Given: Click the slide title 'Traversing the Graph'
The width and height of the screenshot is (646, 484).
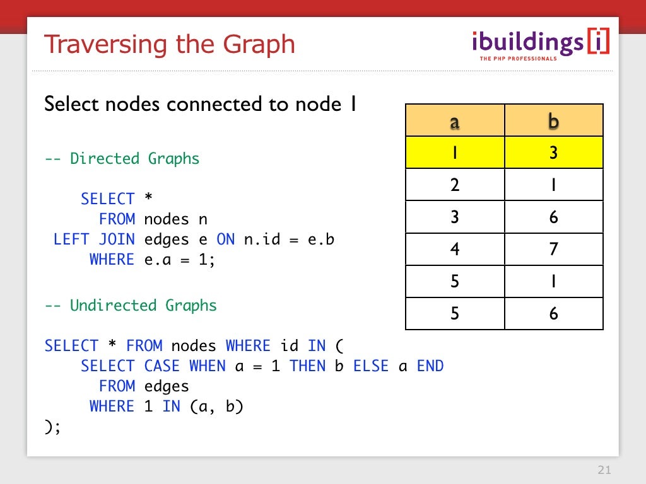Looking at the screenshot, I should (x=170, y=45).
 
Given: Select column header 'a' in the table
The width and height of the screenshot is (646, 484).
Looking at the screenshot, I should (x=455, y=121).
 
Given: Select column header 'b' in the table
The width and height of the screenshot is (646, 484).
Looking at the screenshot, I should (x=554, y=121).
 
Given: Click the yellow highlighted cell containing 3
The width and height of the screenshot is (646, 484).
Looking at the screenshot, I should (x=554, y=153).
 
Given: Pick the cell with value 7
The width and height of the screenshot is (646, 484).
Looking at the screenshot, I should (x=554, y=249).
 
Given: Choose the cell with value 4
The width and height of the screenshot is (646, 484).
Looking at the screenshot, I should (x=455, y=249).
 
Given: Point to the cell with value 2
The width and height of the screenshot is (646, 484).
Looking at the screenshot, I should (x=455, y=185).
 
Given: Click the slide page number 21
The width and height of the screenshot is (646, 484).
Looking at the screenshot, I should (x=604, y=470).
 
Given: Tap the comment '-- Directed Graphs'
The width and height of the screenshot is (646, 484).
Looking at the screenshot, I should (x=122, y=158).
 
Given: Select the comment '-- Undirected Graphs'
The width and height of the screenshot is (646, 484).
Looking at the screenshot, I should (x=131, y=306).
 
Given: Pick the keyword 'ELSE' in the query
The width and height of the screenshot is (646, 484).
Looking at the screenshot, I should (x=370, y=366).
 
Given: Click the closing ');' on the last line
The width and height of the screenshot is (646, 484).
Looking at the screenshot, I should (x=53, y=427).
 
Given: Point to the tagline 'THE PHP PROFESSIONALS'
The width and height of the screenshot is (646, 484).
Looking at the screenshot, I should (x=518, y=59).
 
